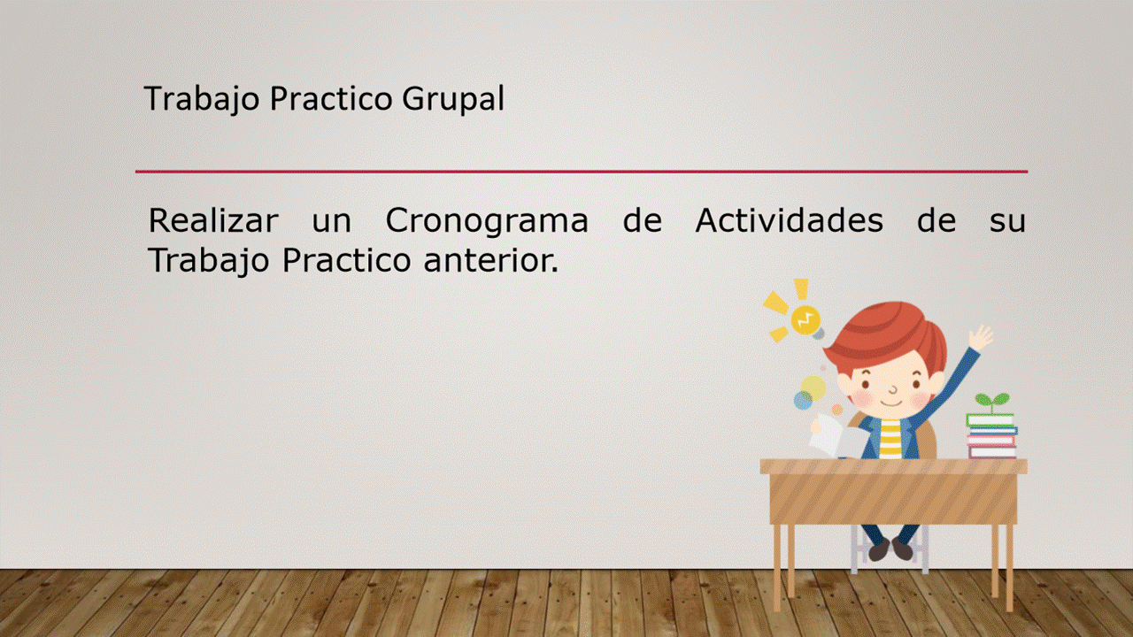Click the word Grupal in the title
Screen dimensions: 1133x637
pyautogui.click(x=453, y=99)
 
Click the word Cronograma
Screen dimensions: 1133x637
pyautogui.click(x=487, y=221)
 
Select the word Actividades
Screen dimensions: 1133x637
pyautogui.click(x=789, y=220)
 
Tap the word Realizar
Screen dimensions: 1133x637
pyautogui.click(x=213, y=220)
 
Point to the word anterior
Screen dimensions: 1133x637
pyautogui.click(x=490, y=260)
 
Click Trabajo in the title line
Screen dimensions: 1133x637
pyautogui.click(x=202, y=99)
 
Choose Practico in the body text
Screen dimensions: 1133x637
pyautogui.click(x=346, y=261)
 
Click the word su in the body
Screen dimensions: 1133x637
pyautogui.click(x=1007, y=222)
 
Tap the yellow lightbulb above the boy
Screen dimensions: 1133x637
pyautogui.click(x=805, y=320)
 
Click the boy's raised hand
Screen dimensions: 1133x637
pyautogui.click(x=980, y=338)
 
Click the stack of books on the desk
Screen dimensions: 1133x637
pyautogui.click(x=991, y=436)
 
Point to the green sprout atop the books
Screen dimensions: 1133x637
pyautogui.click(x=992, y=403)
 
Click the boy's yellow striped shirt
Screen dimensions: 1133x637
pyautogui.click(x=891, y=440)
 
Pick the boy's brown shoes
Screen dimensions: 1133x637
pyautogui.click(x=890, y=549)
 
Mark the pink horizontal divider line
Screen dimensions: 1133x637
pyautogui.click(x=582, y=172)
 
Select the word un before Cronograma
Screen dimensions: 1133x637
pyautogui.click(x=331, y=222)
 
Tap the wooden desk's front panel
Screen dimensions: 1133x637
pyautogui.click(x=893, y=498)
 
